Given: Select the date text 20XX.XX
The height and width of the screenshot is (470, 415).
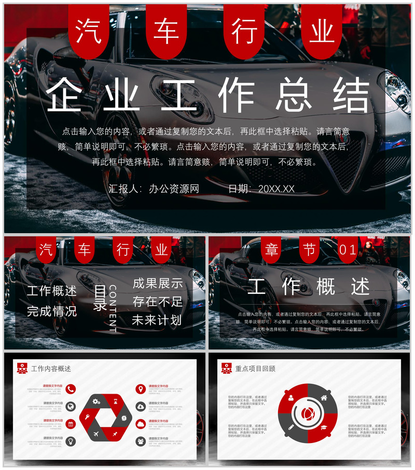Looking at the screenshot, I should pos(276,189).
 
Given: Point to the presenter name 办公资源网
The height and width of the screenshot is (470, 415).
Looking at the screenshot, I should pos(174,189).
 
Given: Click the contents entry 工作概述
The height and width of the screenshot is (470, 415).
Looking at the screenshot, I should pos(52,291).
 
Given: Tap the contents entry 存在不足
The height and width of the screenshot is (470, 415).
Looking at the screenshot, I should pos(158,302).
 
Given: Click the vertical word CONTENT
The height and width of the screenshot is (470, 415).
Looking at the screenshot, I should pos(113,308).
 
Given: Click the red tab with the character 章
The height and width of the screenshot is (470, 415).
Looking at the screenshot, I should pos(271,250).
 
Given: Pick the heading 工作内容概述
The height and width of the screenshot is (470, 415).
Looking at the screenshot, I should pos(51,369).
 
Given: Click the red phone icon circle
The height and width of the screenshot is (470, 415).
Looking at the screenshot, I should pos(71,389).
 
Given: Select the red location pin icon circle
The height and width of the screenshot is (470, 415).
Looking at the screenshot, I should pos(141,389).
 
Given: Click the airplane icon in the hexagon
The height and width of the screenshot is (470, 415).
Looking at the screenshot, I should pos(96,434).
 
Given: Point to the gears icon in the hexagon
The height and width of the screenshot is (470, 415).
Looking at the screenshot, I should pos(96,401).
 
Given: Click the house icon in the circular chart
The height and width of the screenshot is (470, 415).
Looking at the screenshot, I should pos(324,398).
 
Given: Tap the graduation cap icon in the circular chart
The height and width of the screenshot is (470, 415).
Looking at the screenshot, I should pos(324,428).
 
